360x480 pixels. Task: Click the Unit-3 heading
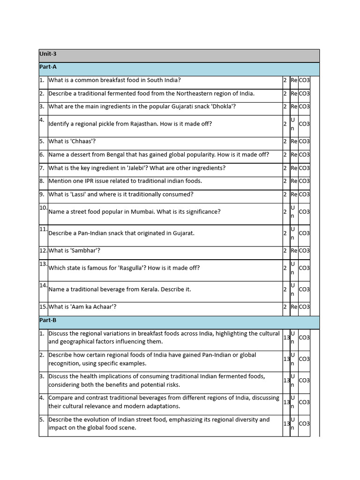(48, 54)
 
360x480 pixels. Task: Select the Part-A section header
(48, 67)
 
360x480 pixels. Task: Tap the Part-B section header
(48, 320)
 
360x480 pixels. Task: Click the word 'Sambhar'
(85, 250)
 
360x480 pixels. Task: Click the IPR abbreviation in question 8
(90, 181)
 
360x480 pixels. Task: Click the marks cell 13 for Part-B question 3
(286, 380)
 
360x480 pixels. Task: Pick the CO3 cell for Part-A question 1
(304, 80)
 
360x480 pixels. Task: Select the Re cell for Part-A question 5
(294, 141)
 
